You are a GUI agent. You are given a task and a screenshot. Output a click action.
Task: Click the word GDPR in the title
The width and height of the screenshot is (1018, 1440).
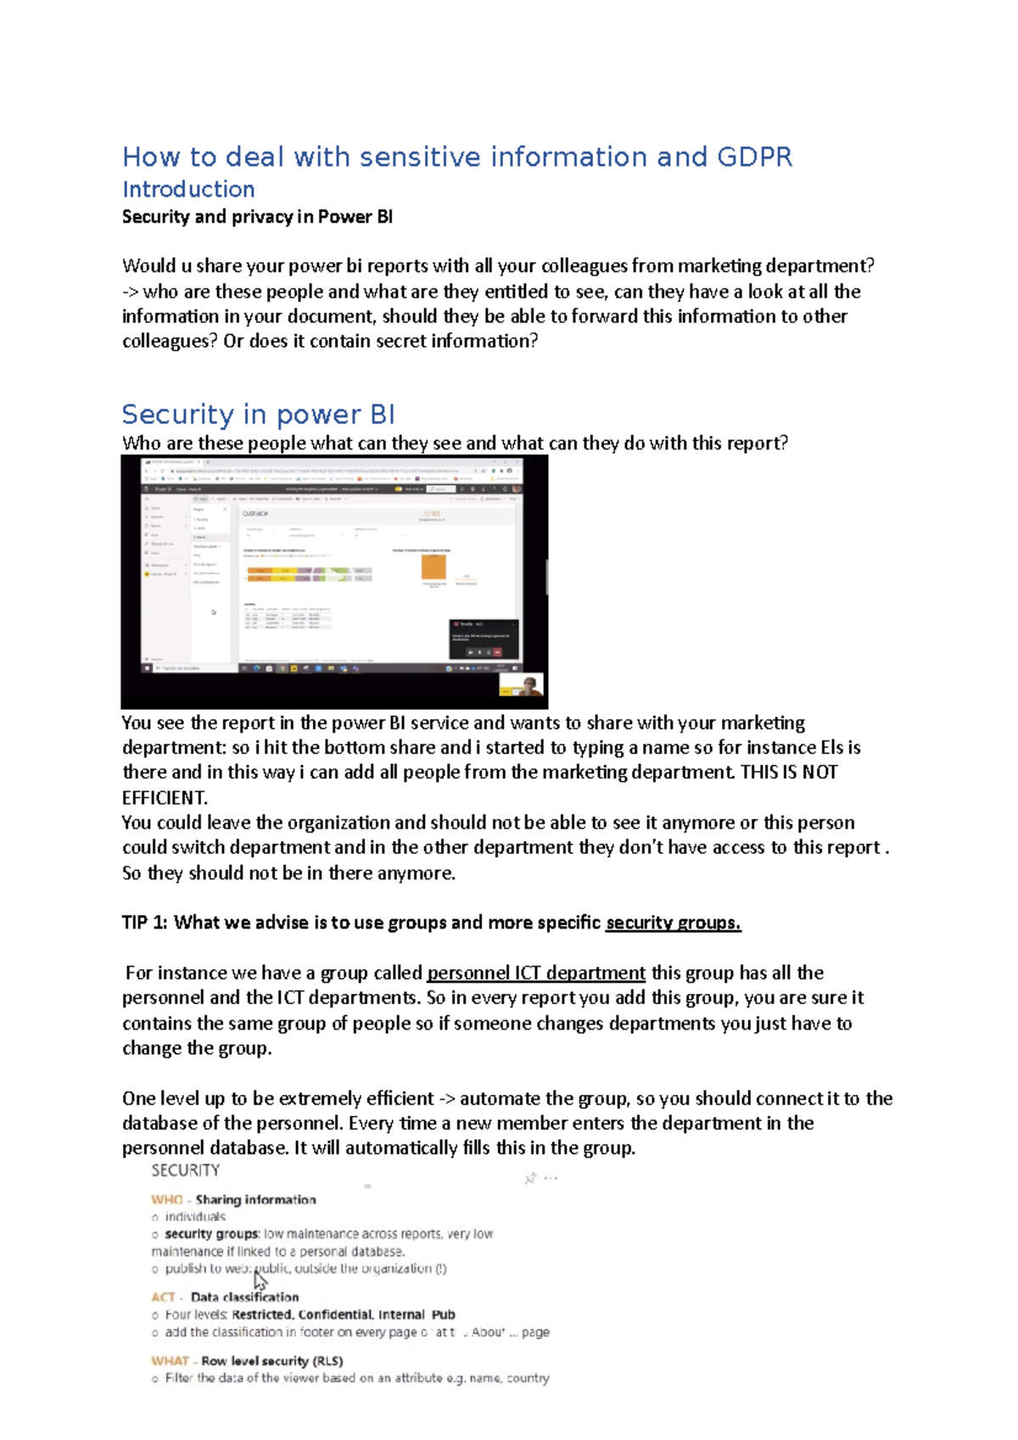(x=754, y=157)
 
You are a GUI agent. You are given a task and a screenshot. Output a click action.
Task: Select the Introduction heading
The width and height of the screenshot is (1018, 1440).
(x=188, y=189)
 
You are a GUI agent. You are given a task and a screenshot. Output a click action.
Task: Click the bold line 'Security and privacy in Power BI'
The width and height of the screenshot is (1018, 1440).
(x=257, y=217)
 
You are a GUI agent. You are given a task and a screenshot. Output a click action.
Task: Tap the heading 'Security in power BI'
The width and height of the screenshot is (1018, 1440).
(x=258, y=414)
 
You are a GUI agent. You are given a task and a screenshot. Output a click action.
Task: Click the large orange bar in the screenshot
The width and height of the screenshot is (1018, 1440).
(x=433, y=567)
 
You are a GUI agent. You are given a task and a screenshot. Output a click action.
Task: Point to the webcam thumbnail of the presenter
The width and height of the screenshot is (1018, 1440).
(x=521, y=685)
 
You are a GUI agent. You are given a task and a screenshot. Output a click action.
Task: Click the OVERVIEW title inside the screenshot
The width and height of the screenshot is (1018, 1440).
(x=255, y=514)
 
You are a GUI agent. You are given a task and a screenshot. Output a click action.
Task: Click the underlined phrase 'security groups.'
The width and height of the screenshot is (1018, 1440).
(x=673, y=923)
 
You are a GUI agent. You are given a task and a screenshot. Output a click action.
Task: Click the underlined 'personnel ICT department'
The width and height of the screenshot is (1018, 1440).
(x=535, y=973)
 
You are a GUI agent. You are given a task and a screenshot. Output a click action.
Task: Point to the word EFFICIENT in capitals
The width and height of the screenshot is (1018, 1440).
(x=164, y=798)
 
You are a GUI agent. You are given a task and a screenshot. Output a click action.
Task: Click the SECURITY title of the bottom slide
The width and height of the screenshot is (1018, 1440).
(x=185, y=1170)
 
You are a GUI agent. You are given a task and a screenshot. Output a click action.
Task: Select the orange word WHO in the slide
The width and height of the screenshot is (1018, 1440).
(x=166, y=1200)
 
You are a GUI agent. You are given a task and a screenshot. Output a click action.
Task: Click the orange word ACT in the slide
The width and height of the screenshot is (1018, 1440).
(x=163, y=1297)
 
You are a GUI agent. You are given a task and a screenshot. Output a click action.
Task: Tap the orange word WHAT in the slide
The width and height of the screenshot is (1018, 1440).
(x=170, y=1360)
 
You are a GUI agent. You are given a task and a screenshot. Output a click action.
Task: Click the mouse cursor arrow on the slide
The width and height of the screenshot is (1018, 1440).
(x=260, y=1281)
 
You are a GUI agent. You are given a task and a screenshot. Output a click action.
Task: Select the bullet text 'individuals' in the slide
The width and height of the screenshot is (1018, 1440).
(x=195, y=1217)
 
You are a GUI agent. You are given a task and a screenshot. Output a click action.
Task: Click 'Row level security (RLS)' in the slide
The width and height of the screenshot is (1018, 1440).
(x=271, y=1360)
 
